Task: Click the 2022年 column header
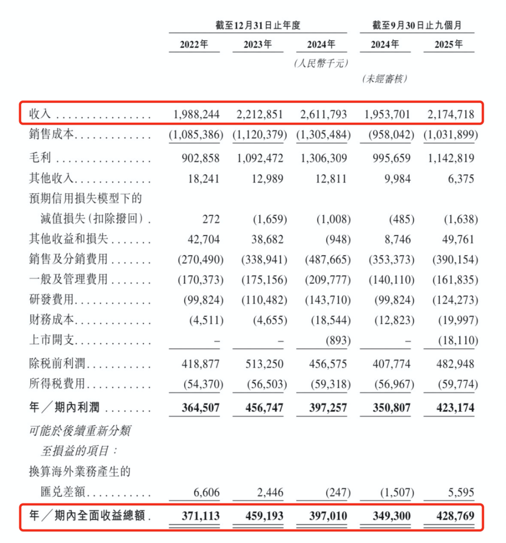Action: click(x=194, y=45)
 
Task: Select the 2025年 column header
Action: click(x=448, y=45)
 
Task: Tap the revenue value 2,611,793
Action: click(x=324, y=114)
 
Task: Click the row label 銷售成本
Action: click(x=52, y=135)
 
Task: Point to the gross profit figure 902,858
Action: click(x=201, y=158)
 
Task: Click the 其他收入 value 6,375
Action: click(x=461, y=179)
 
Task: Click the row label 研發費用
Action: click(x=52, y=300)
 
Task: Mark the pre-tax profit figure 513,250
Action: click(x=264, y=364)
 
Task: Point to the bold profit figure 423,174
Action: click(x=451, y=408)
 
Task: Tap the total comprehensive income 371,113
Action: click(x=201, y=516)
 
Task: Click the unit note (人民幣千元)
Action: click(x=321, y=63)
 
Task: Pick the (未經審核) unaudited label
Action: click(x=385, y=79)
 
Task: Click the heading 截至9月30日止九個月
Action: click(x=417, y=25)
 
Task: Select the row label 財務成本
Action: click(x=52, y=320)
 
